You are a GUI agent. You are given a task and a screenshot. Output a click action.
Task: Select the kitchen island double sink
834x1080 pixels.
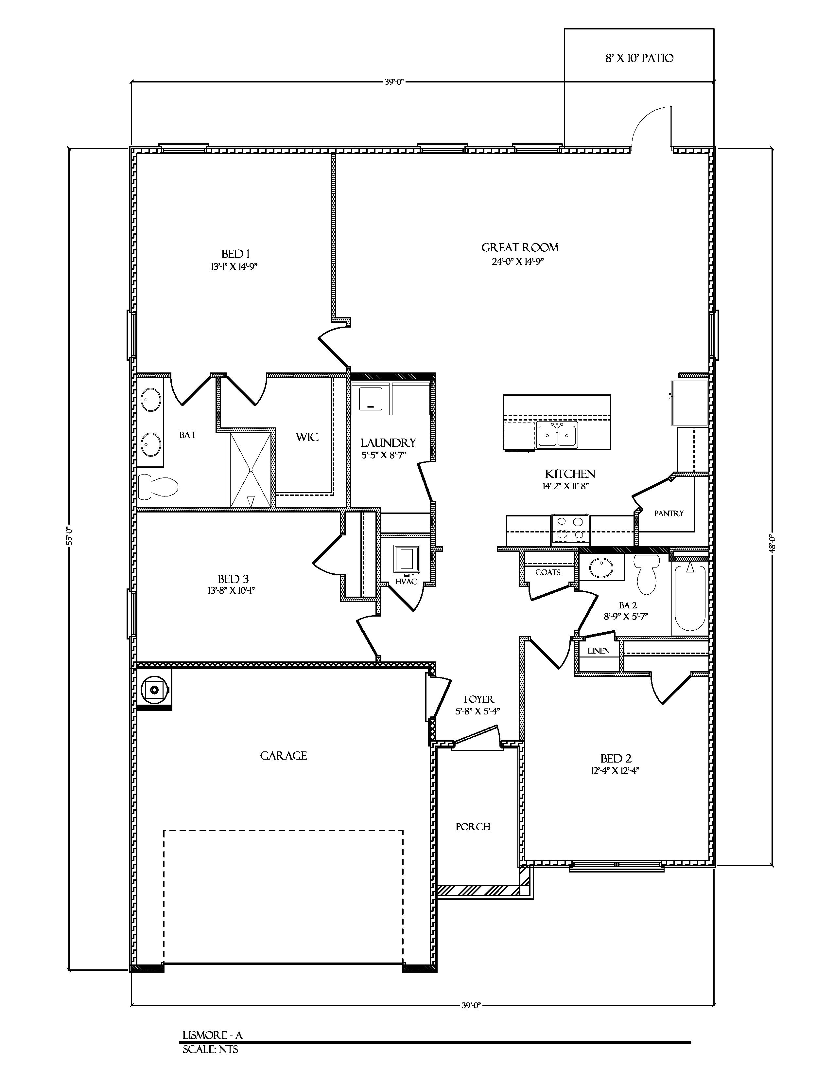557,435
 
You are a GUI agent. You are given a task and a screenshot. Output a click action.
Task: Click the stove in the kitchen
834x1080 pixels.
570,529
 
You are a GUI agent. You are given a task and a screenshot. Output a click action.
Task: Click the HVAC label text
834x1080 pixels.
406,582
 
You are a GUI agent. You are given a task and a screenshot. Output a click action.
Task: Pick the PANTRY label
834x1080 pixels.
669,513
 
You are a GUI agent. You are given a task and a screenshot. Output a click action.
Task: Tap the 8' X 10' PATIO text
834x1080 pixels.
639,58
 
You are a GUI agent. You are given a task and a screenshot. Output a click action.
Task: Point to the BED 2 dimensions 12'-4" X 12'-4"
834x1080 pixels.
615,770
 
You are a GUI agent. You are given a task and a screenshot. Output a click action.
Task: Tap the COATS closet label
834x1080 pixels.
547,572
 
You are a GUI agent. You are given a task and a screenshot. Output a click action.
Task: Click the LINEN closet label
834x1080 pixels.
598,651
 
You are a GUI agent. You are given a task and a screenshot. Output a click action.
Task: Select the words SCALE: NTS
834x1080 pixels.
210,1049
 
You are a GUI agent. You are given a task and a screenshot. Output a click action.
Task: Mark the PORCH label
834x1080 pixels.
473,826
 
